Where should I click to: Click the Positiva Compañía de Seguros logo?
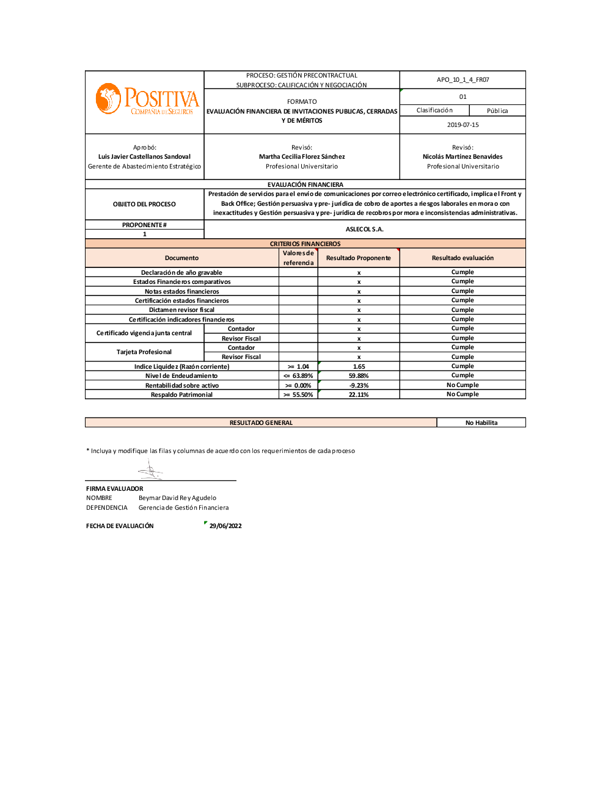[x=147, y=100]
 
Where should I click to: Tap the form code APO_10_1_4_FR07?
[x=463, y=80]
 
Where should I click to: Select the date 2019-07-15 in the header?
[x=463, y=125]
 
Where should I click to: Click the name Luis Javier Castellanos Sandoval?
[x=144, y=157]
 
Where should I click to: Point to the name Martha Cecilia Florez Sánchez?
[x=302, y=157]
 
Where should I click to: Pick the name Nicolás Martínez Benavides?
[x=463, y=157]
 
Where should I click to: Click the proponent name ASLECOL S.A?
[x=364, y=230]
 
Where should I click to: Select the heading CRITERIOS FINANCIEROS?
[x=305, y=244]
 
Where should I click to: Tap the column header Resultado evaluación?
[x=463, y=258]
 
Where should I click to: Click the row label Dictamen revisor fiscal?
[x=181, y=310]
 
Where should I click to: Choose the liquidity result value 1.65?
[x=359, y=367]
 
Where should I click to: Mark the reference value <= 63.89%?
[x=298, y=376]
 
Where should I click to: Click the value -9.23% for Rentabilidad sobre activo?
[x=359, y=386]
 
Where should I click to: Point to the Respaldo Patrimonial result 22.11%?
[x=359, y=395]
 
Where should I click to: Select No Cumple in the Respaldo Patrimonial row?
[x=463, y=394]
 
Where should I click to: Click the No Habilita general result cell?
[x=481, y=423]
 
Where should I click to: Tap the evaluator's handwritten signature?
[x=150, y=471]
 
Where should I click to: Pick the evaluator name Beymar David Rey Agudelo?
[x=177, y=498]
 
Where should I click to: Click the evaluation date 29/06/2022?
[x=225, y=526]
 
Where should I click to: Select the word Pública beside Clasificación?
[x=497, y=111]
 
